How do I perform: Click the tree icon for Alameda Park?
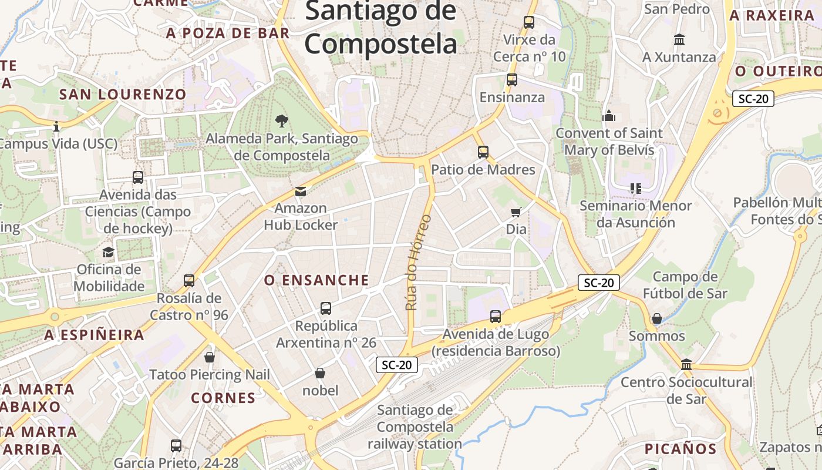coord(282,121)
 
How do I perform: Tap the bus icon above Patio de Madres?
coord(483,152)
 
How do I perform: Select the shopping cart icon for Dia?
coord(516,212)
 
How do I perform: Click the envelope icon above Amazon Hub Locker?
coord(301,191)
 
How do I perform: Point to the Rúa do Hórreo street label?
coord(418,263)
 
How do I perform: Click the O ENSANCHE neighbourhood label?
coord(316,280)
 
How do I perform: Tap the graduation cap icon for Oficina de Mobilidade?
coord(108,253)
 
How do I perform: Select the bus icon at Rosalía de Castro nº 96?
coord(188,280)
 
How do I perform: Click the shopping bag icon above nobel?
coord(320,373)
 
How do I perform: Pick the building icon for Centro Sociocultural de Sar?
coord(686,365)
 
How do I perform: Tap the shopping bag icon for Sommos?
coord(657,319)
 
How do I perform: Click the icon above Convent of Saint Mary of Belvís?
coord(609,116)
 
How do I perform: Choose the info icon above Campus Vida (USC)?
coord(56,126)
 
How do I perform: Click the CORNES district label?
coord(223,398)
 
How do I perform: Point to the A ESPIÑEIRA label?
coord(95,335)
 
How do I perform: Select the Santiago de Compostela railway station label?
coord(415,427)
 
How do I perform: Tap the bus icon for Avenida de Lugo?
coord(496,317)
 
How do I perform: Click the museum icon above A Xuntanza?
coord(679,40)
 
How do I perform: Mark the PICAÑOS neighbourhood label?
coord(680,449)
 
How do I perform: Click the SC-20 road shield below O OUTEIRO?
coord(753,99)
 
